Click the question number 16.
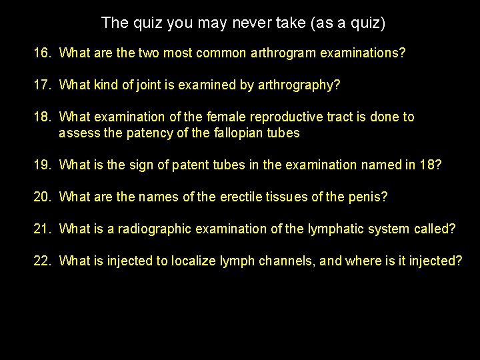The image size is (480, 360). (x=42, y=53)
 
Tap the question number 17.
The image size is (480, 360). (x=42, y=85)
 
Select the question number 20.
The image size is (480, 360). (x=42, y=197)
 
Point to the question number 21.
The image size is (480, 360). (x=42, y=229)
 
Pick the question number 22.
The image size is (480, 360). (x=42, y=261)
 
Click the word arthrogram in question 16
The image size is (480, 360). (x=278, y=53)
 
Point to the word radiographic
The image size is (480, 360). (x=153, y=229)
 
